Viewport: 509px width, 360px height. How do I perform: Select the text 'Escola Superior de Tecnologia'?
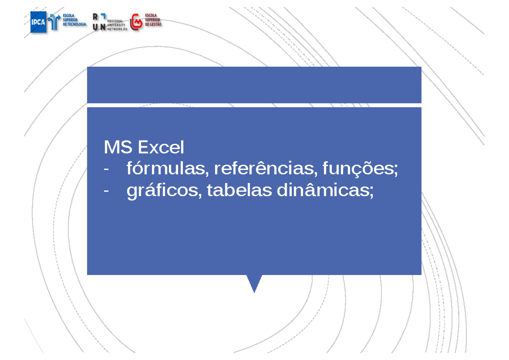(x=74, y=20)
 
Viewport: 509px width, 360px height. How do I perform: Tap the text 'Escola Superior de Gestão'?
(x=153, y=20)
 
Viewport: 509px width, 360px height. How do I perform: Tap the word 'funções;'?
(x=361, y=170)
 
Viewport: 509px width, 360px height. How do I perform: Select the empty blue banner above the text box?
(x=254, y=85)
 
